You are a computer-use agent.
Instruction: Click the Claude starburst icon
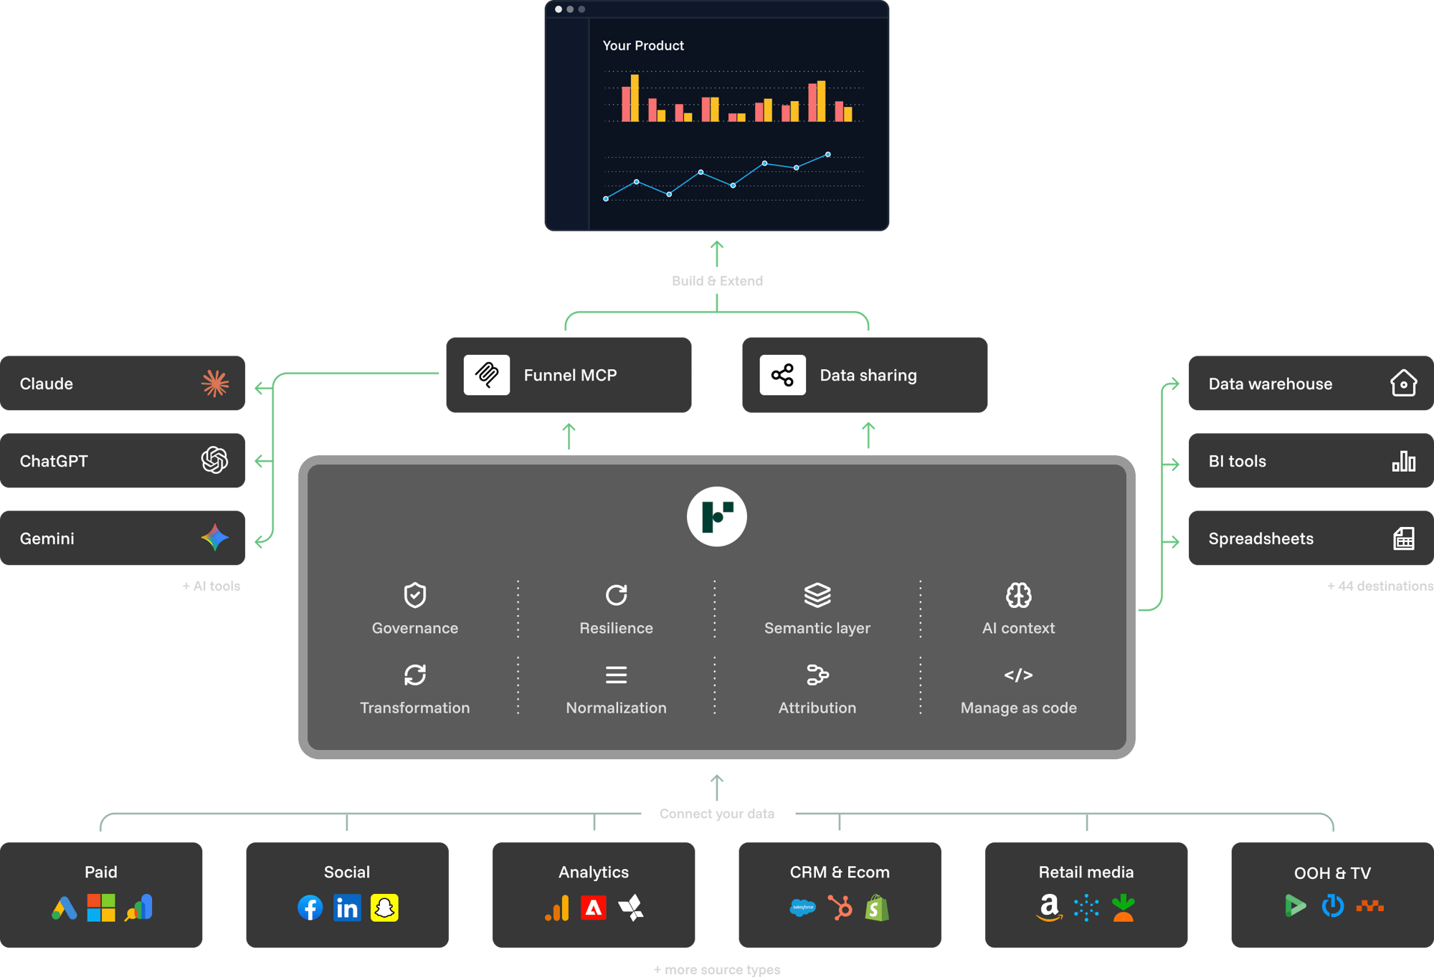(x=215, y=384)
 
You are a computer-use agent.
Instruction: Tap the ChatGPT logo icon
(x=214, y=460)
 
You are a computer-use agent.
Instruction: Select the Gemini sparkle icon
(x=214, y=538)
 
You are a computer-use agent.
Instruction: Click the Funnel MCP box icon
(x=487, y=375)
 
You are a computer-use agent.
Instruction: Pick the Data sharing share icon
(x=782, y=375)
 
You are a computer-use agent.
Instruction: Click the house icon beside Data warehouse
(x=1403, y=383)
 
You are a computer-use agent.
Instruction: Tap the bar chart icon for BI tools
(x=1403, y=461)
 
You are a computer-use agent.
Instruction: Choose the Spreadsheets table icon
(x=1403, y=538)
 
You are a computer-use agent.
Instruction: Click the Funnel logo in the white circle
(x=717, y=516)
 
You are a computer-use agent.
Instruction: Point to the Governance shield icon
(x=415, y=595)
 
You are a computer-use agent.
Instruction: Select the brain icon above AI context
(x=1018, y=595)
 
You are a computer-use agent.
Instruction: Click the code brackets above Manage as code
(x=1018, y=675)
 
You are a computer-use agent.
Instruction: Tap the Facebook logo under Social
(x=310, y=908)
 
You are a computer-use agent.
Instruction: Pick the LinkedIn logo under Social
(x=347, y=908)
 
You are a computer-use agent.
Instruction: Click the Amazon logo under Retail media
(x=1049, y=908)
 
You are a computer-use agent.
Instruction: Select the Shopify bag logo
(x=877, y=908)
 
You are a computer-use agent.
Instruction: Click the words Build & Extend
(x=717, y=281)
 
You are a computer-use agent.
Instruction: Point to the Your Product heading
(x=643, y=45)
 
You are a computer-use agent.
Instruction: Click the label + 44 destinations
(x=1380, y=586)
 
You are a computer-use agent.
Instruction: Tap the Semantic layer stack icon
(x=817, y=595)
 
